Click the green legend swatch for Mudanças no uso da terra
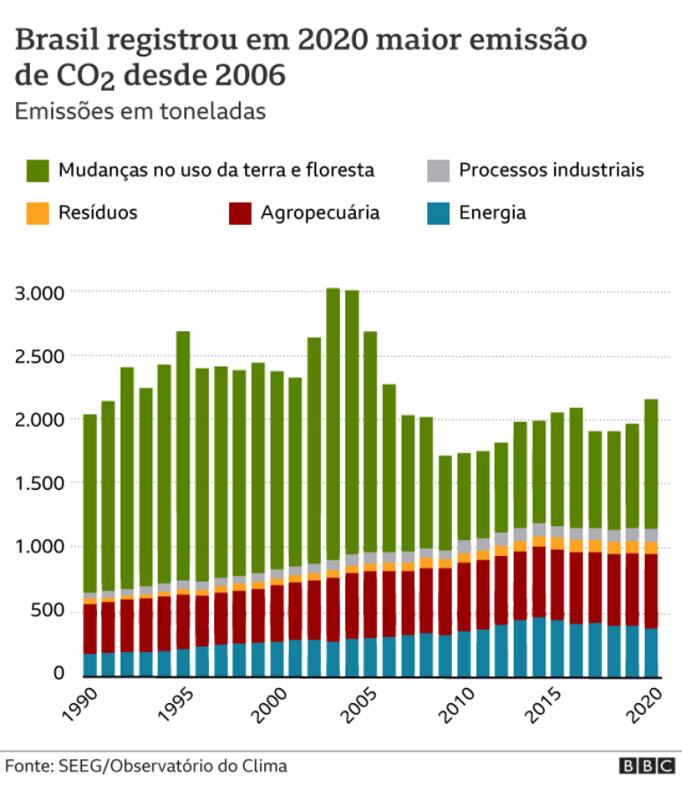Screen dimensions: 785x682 click(x=38, y=170)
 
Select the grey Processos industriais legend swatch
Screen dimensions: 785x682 click(x=438, y=170)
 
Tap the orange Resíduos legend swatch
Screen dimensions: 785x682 click(x=38, y=212)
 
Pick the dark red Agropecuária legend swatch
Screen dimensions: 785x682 click(x=240, y=212)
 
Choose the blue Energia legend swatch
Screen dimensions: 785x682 click(x=438, y=212)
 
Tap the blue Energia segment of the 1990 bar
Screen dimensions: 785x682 click(x=90, y=664)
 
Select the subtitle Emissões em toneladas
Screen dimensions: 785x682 click(x=140, y=112)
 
